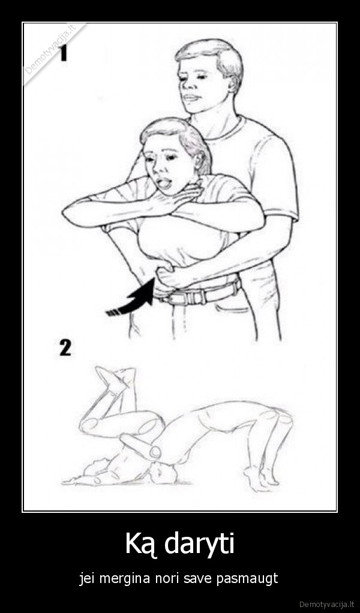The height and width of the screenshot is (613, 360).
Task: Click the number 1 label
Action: [x=64, y=53]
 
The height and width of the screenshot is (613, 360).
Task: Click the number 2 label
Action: [x=65, y=347]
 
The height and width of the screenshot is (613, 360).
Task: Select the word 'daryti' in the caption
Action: [x=199, y=544]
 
